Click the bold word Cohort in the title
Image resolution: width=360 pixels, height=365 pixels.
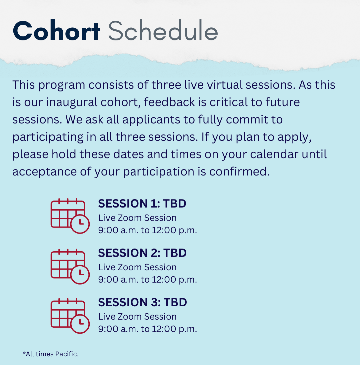(57, 31)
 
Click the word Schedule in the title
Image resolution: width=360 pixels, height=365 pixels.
(163, 31)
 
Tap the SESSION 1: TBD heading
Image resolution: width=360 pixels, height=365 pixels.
(142, 204)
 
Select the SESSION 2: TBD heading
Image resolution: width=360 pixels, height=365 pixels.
(142, 253)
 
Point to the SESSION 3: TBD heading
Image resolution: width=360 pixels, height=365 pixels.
(143, 302)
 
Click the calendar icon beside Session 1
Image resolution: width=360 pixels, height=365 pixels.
(70, 216)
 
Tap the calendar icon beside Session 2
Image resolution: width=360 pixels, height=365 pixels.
(70, 266)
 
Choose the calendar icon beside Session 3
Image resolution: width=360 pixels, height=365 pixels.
(70, 316)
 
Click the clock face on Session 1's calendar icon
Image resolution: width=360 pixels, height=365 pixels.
(80, 224)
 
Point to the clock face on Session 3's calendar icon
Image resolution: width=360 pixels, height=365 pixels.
(80, 324)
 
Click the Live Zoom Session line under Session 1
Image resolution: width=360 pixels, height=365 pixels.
(137, 218)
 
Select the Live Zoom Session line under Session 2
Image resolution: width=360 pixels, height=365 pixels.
(137, 267)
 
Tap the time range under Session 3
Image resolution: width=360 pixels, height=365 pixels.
(147, 329)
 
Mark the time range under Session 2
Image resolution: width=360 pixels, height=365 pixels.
(147, 280)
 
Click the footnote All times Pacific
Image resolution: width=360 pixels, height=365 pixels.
(50, 354)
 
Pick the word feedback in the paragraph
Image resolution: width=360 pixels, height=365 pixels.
(169, 102)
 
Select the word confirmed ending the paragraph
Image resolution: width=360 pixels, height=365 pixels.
(239, 171)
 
